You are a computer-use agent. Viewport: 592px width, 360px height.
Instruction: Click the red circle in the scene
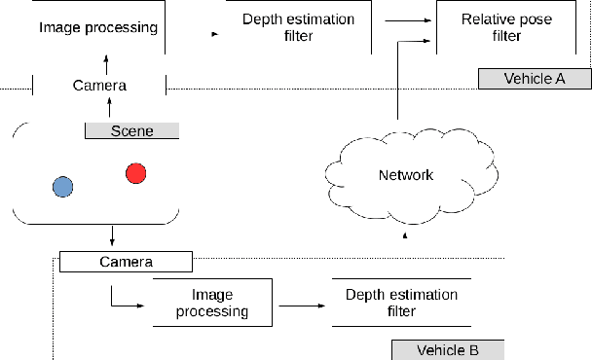tap(136, 173)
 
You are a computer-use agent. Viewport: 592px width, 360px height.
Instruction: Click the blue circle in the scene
tap(63, 186)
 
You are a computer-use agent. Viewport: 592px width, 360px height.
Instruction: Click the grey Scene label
tap(132, 129)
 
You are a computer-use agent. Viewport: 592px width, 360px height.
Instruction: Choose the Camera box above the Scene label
tap(100, 86)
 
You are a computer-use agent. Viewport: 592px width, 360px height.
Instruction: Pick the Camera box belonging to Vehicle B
tap(126, 262)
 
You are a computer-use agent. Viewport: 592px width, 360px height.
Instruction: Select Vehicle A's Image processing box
tap(98, 27)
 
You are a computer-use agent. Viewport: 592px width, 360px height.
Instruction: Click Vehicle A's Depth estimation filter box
tap(297, 27)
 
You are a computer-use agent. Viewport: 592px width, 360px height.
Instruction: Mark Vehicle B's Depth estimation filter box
tap(401, 303)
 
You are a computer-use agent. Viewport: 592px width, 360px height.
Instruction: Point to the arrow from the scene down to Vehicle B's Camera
tap(114, 236)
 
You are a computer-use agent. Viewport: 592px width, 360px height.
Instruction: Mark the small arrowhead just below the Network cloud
tap(406, 234)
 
